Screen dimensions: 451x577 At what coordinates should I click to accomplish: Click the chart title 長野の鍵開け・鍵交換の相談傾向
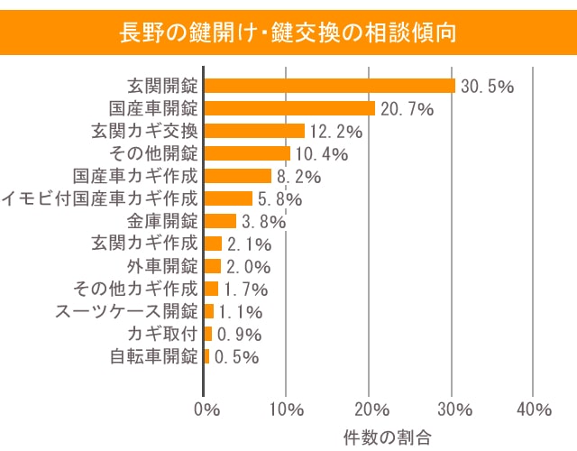pos(288,32)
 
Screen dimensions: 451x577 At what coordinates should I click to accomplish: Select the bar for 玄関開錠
pos(330,86)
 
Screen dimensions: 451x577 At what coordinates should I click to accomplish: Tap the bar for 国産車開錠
pos(289,108)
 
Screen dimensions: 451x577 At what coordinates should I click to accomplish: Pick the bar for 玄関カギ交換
pos(254,131)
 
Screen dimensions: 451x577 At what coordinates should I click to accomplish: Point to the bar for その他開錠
pos(247,153)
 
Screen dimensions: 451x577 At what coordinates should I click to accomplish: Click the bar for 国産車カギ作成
pos(238,176)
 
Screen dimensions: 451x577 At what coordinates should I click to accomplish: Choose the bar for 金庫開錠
pos(220,221)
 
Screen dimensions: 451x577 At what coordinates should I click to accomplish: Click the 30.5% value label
pos(487,87)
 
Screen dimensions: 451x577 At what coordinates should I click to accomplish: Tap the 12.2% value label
pos(335,132)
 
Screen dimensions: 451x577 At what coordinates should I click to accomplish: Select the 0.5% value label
pos(237,357)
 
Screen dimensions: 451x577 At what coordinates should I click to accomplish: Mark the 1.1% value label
pos(241,312)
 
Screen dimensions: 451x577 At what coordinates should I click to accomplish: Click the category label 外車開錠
pos(163,266)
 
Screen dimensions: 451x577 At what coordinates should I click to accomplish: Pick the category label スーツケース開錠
pos(127,311)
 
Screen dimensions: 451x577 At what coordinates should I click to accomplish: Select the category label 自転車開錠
pos(154,356)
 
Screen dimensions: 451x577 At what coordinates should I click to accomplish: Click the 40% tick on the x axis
pos(534,410)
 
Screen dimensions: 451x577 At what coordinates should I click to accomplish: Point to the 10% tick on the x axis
pos(287,410)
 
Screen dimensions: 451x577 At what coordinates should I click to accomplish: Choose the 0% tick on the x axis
pos(206,410)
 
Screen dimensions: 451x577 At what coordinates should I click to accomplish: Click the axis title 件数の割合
pos(387,437)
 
